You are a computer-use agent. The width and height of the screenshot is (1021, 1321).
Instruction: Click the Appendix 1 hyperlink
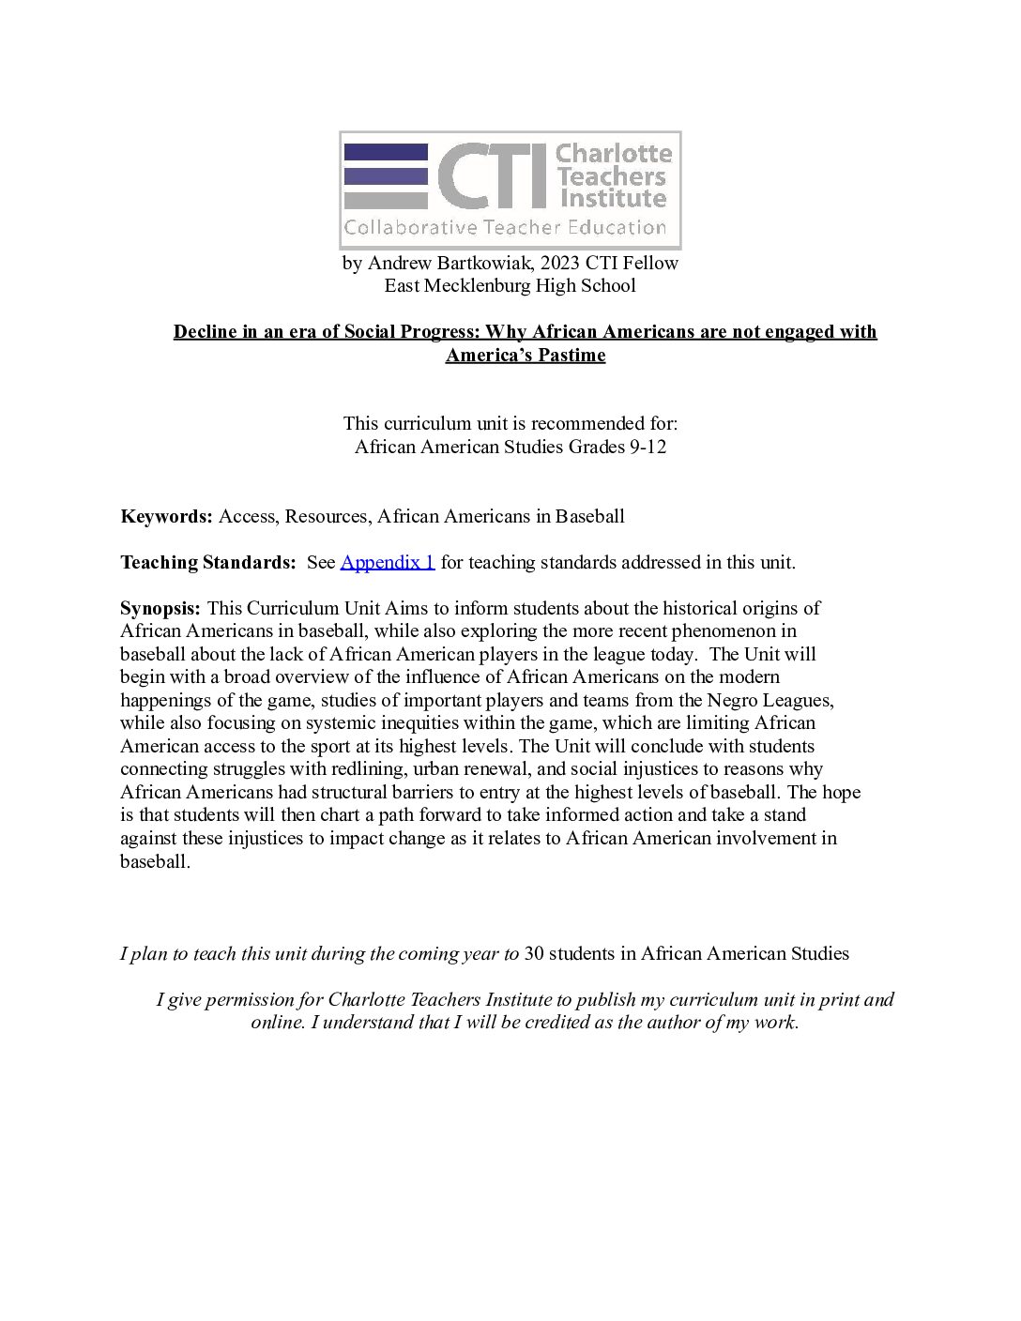[387, 562]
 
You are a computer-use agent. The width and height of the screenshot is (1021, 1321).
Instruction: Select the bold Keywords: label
[167, 516]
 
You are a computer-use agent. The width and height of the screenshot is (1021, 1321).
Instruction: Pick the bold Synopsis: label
[160, 608]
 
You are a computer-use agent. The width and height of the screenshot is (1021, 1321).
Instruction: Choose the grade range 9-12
[647, 447]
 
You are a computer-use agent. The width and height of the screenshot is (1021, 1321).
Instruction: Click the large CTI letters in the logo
[491, 175]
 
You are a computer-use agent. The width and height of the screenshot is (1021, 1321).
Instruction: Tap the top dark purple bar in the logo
[386, 151]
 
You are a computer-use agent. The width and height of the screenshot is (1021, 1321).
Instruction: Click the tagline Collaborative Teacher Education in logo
[505, 227]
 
